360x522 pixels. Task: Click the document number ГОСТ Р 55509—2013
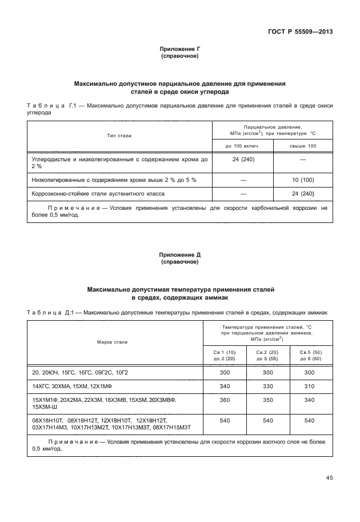[300, 31]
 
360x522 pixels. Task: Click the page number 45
[329, 478]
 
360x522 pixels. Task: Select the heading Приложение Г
[179, 50]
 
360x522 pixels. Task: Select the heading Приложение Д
[179, 255]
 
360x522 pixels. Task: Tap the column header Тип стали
[118, 136]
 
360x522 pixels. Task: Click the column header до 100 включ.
[243, 147]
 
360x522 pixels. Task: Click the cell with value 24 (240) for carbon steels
[243, 159]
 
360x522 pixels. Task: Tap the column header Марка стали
[112, 342]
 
